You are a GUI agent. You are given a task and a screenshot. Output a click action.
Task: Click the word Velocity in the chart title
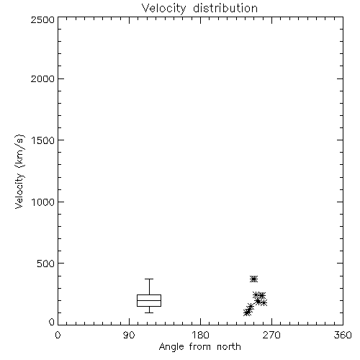[x=164, y=9]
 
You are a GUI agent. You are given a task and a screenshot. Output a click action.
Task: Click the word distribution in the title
[x=225, y=8]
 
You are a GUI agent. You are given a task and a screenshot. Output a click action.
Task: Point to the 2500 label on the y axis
[x=42, y=19]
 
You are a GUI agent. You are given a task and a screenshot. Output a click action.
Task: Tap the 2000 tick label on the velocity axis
[x=42, y=78]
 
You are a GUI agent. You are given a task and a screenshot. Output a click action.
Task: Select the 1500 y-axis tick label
[x=43, y=140]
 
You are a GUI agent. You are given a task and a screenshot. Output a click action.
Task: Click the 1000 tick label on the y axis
[x=43, y=202]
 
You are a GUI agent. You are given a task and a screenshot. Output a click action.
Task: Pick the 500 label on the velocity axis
[x=46, y=264]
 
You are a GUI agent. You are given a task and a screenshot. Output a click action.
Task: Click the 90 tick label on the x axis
[x=129, y=335]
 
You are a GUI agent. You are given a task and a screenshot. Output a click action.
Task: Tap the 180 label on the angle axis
[x=200, y=335]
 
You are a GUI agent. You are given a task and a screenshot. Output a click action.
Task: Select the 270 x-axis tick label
[x=271, y=335]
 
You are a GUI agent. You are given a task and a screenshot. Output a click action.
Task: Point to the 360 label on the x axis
[x=343, y=335]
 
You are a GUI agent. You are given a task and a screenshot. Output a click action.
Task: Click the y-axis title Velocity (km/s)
[x=19, y=171]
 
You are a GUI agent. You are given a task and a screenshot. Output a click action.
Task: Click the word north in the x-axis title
[x=229, y=347]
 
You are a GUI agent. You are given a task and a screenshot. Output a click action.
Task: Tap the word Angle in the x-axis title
[x=171, y=347]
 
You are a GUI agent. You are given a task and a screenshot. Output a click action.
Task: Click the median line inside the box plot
[x=149, y=300]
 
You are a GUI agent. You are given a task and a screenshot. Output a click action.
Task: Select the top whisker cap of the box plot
[x=149, y=279]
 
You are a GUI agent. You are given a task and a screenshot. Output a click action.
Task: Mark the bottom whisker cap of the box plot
[x=149, y=312]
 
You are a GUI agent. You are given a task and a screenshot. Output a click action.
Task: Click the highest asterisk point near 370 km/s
[x=253, y=279]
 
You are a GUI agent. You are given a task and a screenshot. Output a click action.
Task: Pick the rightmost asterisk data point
[x=264, y=303]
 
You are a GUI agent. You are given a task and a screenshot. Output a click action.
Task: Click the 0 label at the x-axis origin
[x=58, y=335]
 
